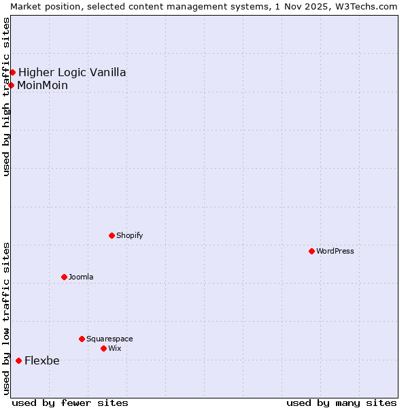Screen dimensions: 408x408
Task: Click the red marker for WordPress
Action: tap(311, 251)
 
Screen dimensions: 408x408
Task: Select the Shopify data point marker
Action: tap(112, 235)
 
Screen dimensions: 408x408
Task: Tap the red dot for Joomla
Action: tap(64, 277)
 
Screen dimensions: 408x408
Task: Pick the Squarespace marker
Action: tap(82, 339)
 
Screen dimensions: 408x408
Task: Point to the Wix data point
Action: tap(103, 348)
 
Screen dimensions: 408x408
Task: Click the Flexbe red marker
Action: tap(18, 360)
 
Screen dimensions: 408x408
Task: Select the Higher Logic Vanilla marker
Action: tap(12, 72)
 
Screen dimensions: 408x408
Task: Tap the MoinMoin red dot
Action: tap(12, 85)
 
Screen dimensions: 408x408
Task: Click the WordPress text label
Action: tap(335, 251)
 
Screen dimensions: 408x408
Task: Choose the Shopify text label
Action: tap(129, 235)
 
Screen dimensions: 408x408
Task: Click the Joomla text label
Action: tap(81, 277)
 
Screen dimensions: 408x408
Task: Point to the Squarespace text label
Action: tap(109, 339)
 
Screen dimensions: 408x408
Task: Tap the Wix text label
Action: tap(115, 348)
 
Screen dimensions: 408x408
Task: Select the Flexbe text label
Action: tap(42, 360)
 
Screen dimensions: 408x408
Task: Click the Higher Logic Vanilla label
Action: tap(72, 72)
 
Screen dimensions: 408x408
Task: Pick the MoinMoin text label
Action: tap(43, 85)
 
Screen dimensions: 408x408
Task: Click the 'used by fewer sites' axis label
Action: tap(70, 403)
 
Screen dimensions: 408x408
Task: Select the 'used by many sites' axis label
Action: tap(341, 403)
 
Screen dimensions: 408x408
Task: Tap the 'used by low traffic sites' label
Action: tap(6, 318)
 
